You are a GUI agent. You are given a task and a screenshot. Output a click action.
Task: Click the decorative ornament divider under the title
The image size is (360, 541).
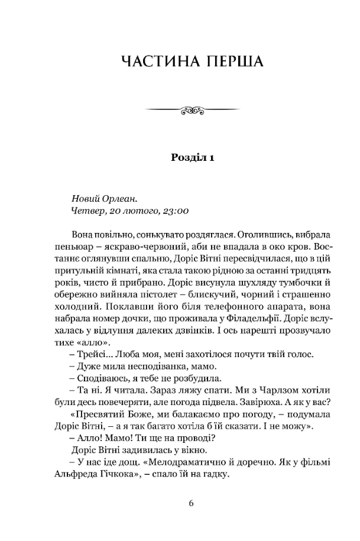click(192, 109)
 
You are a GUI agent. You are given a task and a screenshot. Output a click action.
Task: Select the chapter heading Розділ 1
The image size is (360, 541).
click(192, 157)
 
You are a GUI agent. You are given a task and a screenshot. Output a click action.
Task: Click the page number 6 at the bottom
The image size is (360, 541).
click(192, 504)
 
